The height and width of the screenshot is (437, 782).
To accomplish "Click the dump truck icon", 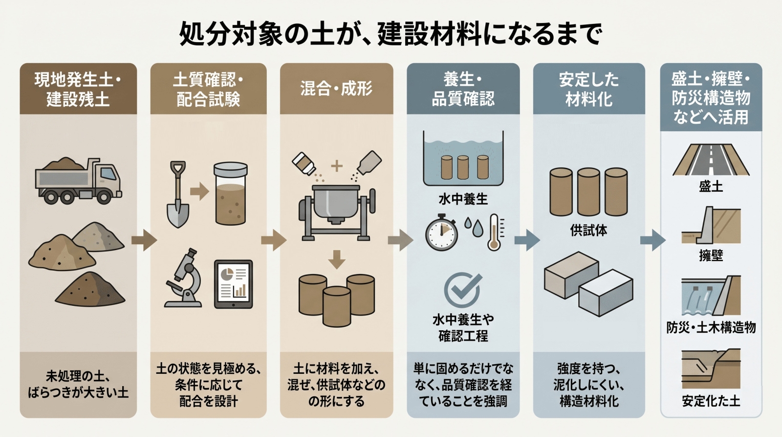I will point(78,181).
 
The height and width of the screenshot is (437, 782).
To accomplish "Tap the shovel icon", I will point(177,194).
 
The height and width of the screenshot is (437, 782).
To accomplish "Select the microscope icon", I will point(185,278).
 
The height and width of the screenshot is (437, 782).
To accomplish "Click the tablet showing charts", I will point(234,284).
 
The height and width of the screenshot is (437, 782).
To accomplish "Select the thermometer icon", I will point(494,232).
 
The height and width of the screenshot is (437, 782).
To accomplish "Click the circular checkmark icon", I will point(462,290).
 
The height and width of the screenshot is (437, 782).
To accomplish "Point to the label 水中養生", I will point(463,199).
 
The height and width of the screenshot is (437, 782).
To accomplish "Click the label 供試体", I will point(588,230).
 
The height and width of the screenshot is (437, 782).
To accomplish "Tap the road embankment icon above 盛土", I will point(711,160).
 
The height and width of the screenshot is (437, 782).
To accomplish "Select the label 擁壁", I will point(711,255).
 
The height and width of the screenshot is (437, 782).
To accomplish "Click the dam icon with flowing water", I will point(711,296).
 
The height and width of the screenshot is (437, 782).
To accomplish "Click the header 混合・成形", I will point(336,89).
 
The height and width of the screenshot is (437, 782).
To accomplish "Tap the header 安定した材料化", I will point(588,89).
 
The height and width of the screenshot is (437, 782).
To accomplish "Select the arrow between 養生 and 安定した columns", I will point(527,239).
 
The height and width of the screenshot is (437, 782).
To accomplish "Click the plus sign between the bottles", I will point(336,166).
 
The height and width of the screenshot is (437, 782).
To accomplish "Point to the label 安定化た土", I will point(711,401).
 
